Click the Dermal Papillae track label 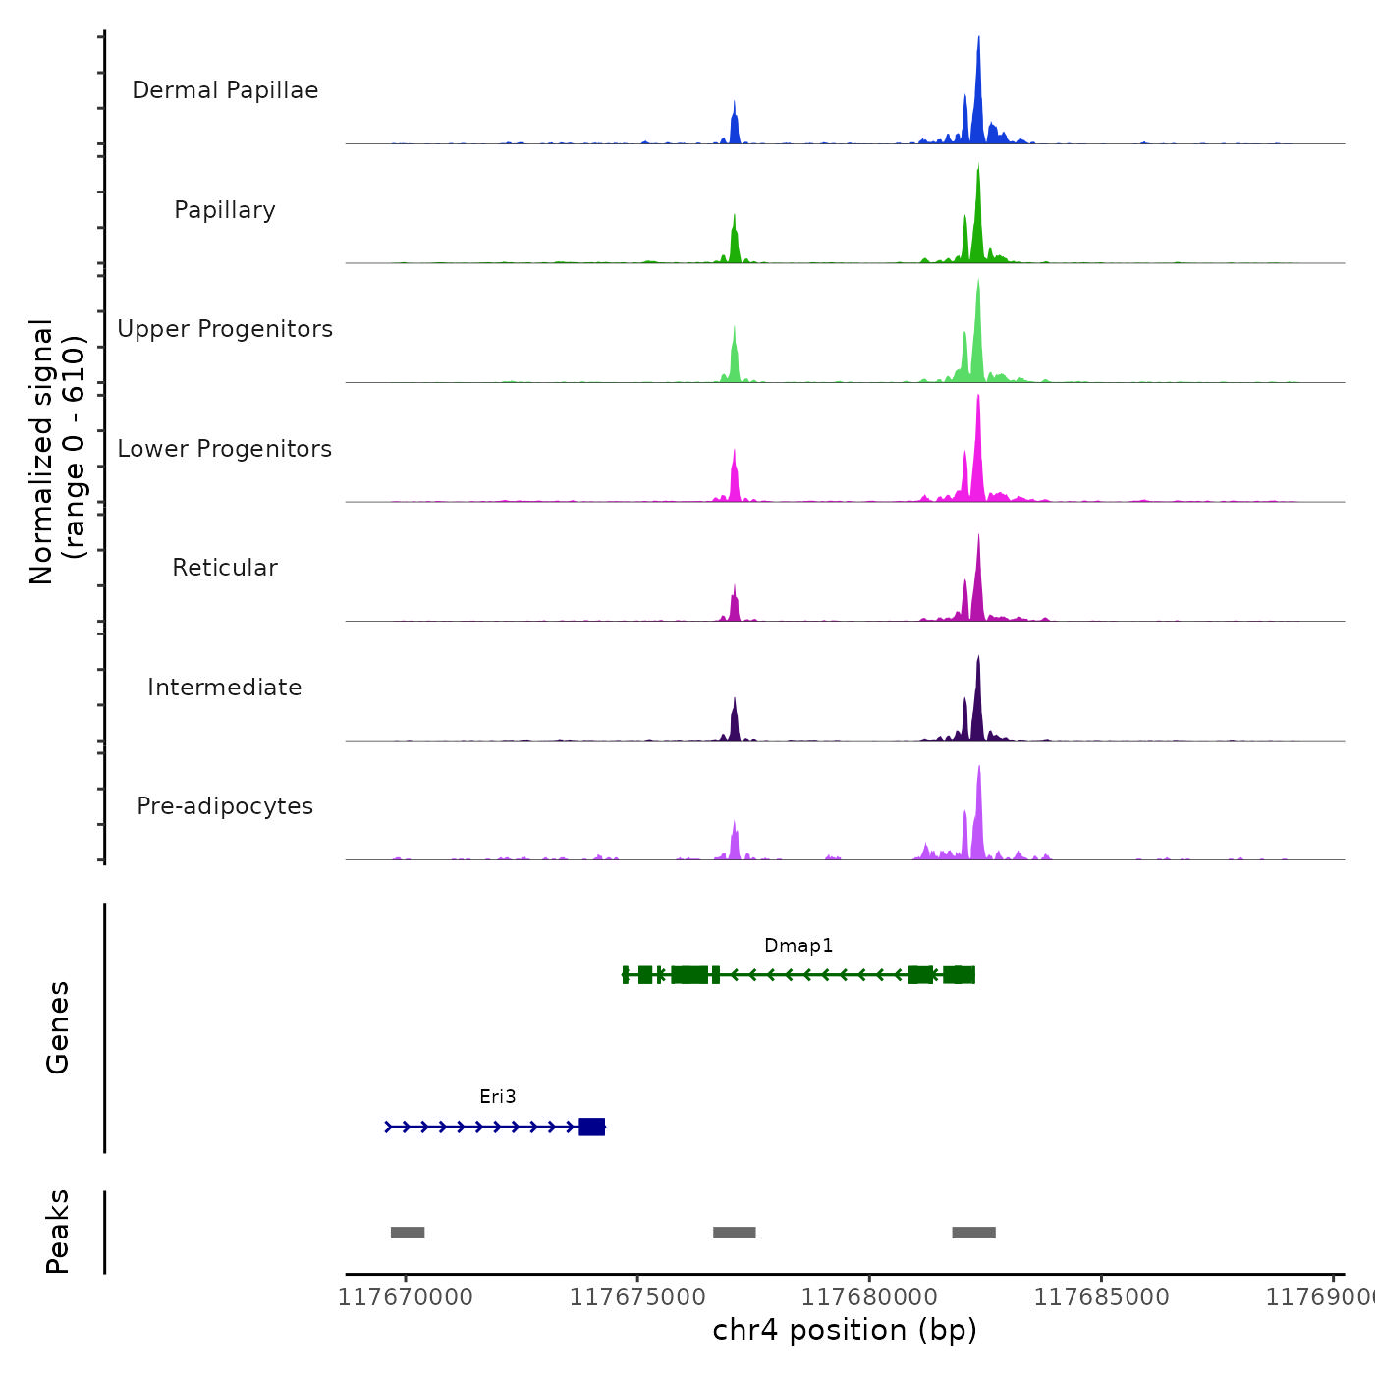225,90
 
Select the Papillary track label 225,210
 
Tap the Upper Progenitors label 225,329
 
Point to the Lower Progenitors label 225,449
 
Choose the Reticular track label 225,568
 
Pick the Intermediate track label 225,687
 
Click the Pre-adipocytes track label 225,806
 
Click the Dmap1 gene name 798,946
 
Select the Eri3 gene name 498,1097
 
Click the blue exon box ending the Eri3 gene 592,1127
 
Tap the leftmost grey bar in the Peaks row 408,1233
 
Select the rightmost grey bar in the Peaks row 973,1233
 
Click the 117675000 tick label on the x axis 637,1297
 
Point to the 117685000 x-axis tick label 1101,1297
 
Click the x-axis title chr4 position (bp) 845,1330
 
